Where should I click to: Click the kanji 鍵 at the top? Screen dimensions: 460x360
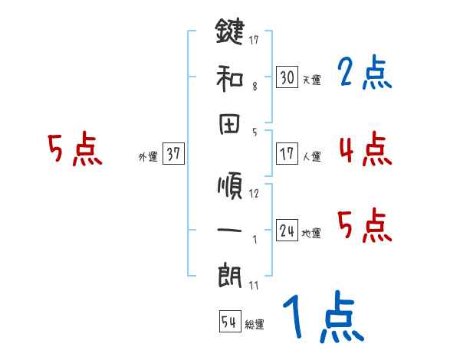pyautogui.click(x=229, y=33)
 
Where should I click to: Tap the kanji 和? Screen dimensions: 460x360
pyautogui.click(x=229, y=77)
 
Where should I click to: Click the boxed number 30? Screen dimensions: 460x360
pyautogui.click(x=287, y=77)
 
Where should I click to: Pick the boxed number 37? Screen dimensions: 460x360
pyautogui.click(x=173, y=154)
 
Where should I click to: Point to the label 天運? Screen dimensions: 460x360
pyautogui.click(x=312, y=79)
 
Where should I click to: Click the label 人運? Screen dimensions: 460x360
pyautogui.click(x=312, y=156)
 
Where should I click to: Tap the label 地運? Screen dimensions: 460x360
pyautogui.click(x=312, y=233)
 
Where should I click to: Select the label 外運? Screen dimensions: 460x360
pyautogui.click(x=147, y=156)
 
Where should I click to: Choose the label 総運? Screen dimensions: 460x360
pyautogui.click(x=255, y=324)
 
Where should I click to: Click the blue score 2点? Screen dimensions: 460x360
pyautogui.click(x=364, y=73)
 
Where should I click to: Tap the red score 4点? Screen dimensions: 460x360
pyautogui.click(x=364, y=149)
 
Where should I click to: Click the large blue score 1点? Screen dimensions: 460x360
pyautogui.click(x=322, y=318)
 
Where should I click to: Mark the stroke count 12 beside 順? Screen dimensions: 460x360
pyautogui.click(x=254, y=193)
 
